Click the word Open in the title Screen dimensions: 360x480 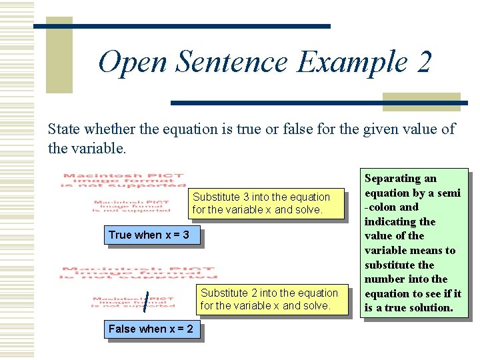point(133,63)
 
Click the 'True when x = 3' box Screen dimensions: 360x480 point(149,235)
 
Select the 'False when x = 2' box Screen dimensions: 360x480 point(151,329)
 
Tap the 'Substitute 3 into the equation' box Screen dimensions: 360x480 point(261,203)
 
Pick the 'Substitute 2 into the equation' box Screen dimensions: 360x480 point(269,299)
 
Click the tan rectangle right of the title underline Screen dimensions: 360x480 point(421,101)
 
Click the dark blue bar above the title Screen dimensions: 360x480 point(181,26)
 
